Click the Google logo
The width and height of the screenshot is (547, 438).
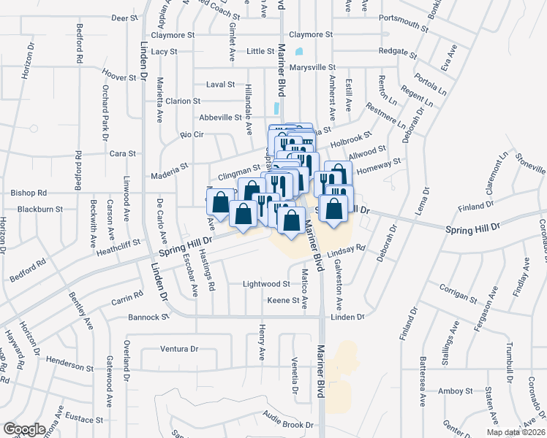coord(24,429)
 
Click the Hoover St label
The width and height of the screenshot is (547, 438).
coord(120,76)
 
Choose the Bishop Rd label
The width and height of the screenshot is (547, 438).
coord(29,193)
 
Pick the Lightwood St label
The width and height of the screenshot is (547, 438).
coord(267,283)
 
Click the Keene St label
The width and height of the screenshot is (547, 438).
coord(283,300)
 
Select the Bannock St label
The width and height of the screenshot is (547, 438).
coord(148,318)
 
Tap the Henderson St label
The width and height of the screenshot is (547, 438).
coord(70,361)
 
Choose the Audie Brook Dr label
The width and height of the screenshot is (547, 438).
coord(289,423)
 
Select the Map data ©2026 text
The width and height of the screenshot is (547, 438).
coord(516,432)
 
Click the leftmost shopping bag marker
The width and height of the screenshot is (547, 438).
coord(220,202)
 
